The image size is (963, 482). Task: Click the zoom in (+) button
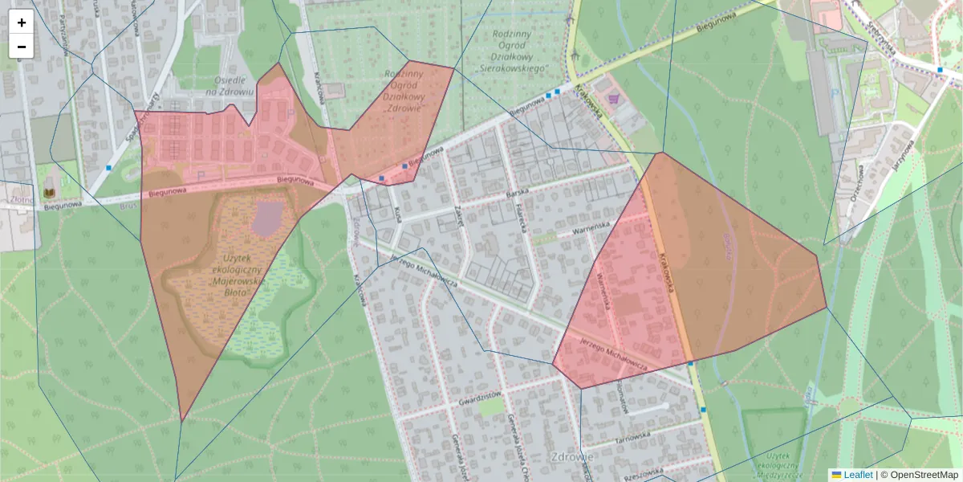[x=22, y=22]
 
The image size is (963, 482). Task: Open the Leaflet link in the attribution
[x=858, y=475]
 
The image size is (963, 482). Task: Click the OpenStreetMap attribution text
[x=923, y=475]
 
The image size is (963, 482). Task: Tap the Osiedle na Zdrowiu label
[x=224, y=86]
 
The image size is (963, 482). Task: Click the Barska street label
[x=520, y=195]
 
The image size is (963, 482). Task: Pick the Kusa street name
[x=398, y=214]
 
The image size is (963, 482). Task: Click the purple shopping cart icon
[x=614, y=99]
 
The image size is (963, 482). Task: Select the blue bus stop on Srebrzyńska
[x=940, y=70]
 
